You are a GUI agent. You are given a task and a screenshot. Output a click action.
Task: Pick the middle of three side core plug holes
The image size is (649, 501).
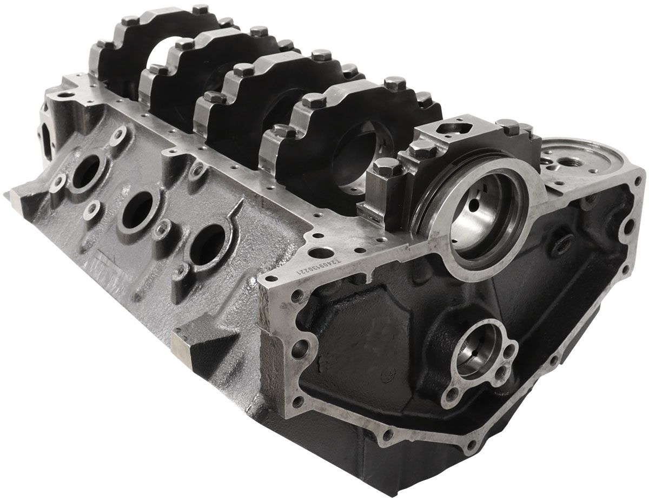point(138,209)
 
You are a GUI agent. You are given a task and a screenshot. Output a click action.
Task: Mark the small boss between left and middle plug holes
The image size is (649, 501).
point(94,208)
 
